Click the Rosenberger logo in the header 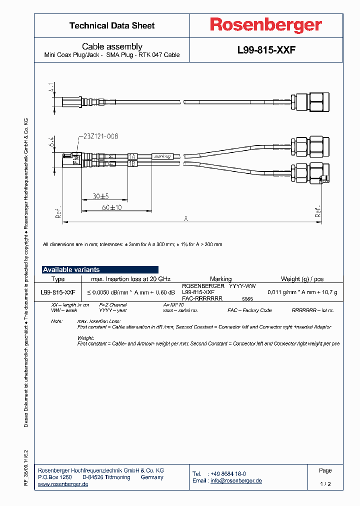click(266, 25)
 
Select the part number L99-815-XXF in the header click(266, 50)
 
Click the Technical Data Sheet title click(112, 25)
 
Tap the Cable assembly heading click(112, 46)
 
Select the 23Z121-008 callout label click(98, 136)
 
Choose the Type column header click(58, 279)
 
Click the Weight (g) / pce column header click(301, 279)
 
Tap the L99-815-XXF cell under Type click(58, 292)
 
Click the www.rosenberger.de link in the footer click(63, 484)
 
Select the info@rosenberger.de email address click(235, 480)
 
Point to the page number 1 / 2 click(325, 484)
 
